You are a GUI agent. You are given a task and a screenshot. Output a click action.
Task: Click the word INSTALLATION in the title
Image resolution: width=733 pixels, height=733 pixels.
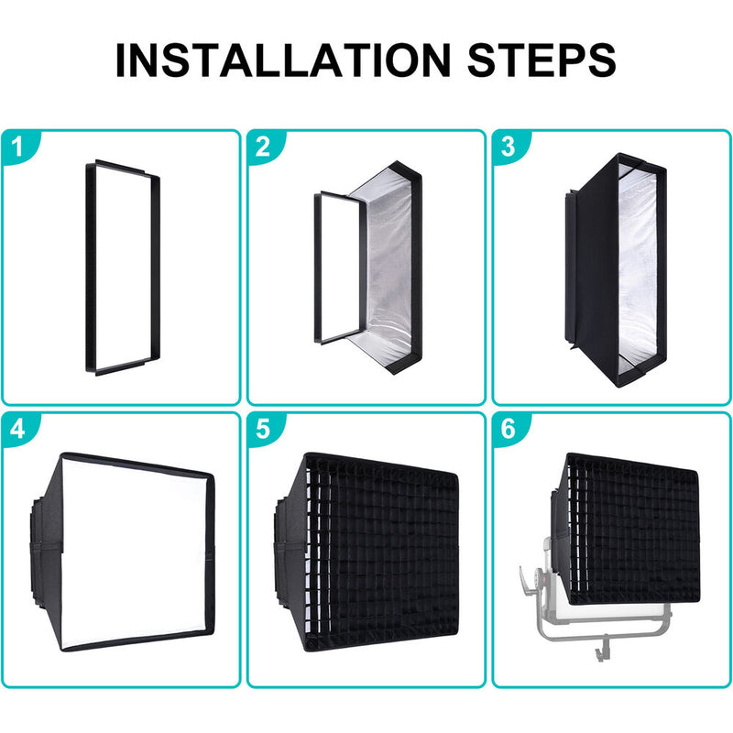point(283,60)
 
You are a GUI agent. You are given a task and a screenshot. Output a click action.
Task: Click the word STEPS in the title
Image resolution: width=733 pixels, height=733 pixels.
point(542,60)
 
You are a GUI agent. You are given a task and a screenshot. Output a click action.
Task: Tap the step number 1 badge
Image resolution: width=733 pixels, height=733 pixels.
point(18,147)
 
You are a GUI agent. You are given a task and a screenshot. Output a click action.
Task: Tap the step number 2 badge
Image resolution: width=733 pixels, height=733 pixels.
point(264,147)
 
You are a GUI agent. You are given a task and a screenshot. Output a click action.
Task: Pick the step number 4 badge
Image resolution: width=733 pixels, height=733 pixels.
point(18,429)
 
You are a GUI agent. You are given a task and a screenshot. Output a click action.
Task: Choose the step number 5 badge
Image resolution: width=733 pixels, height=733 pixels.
point(264,429)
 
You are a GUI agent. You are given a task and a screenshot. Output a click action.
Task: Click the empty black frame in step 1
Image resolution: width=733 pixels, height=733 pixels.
point(91,267)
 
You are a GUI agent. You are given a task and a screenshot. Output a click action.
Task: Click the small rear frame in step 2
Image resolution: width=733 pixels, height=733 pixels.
point(318,268)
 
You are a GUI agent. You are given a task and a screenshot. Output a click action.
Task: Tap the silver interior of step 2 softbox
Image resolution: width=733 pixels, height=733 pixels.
point(390,267)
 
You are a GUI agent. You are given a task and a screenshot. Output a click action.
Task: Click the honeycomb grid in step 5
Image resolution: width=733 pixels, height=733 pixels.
point(381,552)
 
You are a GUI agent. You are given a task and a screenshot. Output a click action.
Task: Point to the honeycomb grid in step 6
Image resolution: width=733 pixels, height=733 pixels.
point(633,529)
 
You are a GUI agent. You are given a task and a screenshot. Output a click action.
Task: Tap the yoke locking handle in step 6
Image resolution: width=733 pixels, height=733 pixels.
point(528,583)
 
